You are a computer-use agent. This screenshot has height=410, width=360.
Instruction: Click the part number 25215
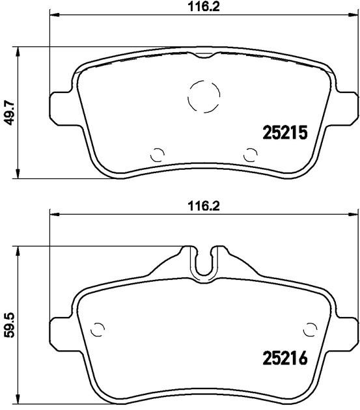click(284, 133)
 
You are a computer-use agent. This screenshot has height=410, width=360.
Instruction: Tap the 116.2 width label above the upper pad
click(204, 7)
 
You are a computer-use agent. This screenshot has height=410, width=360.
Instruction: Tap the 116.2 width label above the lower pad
click(204, 206)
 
